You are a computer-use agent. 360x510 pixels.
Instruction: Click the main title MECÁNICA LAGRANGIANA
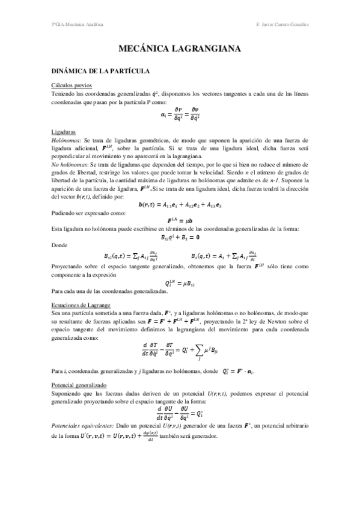coord(180,48)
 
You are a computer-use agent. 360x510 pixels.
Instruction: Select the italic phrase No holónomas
coord(69,164)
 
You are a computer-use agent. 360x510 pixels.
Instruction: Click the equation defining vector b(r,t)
coord(180,203)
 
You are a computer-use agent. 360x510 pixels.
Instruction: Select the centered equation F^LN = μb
coord(180,221)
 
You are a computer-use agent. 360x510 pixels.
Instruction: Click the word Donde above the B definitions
coord(61,245)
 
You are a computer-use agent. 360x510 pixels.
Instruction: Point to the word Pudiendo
coord(64,212)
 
